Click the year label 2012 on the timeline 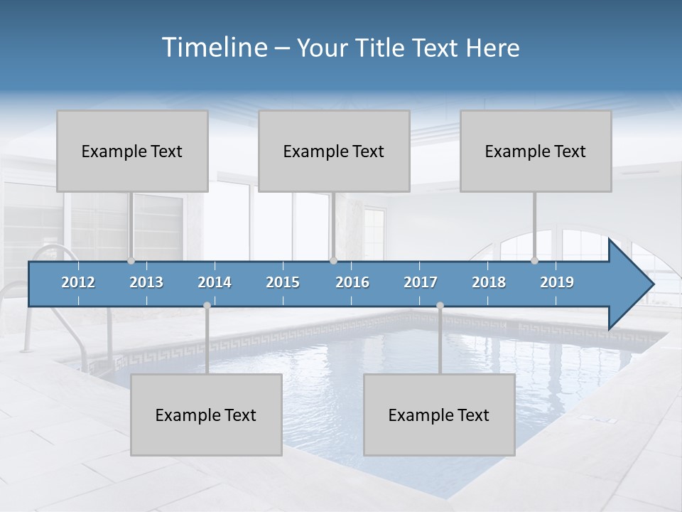click(78, 282)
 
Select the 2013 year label click(146, 282)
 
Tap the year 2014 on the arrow click(215, 282)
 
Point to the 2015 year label click(283, 282)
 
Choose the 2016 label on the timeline click(352, 282)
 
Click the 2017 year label click(421, 282)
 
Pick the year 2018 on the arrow click(489, 282)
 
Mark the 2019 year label click(557, 282)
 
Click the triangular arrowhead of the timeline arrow click(629, 284)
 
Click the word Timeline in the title click(214, 48)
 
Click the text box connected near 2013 click(132, 151)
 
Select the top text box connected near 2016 click(334, 151)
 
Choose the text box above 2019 click(536, 151)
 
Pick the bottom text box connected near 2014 click(206, 415)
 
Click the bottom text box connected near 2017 click(439, 415)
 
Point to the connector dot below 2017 click(440, 305)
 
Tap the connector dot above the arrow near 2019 click(534, 260)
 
